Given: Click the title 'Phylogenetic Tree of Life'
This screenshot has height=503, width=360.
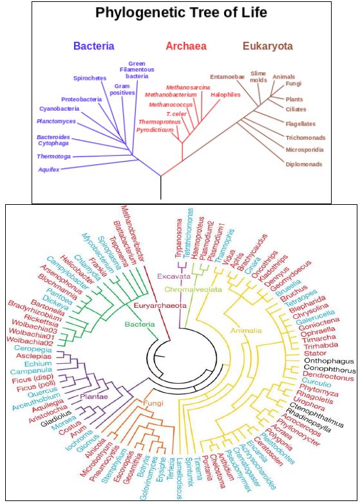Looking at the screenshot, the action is point(181,13).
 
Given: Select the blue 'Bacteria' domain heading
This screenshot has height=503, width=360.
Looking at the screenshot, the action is point(93,46).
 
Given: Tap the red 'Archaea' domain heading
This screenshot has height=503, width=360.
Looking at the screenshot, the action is point(186,46).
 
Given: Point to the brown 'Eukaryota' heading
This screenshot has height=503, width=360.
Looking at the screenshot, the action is point(268,46).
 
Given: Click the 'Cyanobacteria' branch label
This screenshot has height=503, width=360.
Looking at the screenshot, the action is point(59,109).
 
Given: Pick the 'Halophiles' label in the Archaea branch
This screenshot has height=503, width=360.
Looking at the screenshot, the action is point(225,95).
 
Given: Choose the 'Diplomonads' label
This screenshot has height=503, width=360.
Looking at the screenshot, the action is point(304,164).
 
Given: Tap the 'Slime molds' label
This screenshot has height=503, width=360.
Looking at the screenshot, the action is point(258,77).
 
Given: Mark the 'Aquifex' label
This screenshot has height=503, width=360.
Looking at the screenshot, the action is point(49,169).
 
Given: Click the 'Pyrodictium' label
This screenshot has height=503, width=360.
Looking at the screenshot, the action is point(155,130).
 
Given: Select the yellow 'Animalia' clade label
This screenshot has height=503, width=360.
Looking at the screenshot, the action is point(247,330).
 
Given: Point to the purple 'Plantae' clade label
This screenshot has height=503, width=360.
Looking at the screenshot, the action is point(94,397).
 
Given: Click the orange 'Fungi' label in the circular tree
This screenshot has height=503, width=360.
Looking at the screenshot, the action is point(153,403).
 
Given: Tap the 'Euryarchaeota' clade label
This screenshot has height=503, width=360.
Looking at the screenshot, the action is point(160,305).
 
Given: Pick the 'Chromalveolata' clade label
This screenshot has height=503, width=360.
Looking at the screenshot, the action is point(193,289).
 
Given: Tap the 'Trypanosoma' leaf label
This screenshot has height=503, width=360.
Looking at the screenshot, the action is point(180,238).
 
